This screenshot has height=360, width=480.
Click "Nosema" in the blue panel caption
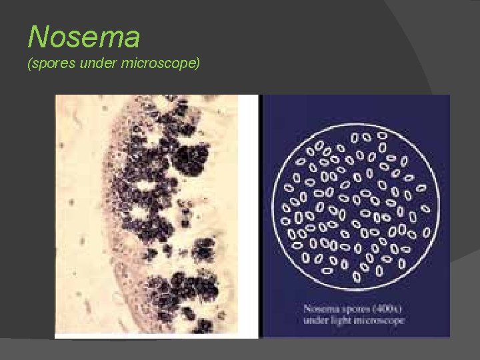click(321, 310)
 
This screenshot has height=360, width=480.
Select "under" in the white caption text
click(318, 321)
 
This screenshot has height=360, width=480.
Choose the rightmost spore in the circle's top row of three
click(383, 135)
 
